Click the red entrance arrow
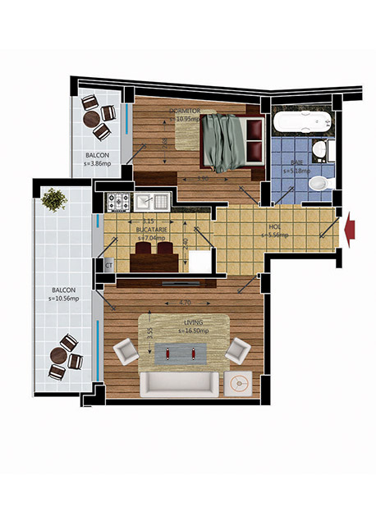(x=353, y=225)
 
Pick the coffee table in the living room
(x=181, y=353)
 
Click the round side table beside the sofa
(x=241, y=384)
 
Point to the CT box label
(x=108, y=266)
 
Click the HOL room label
(x=275, y=228)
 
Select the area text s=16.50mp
(x=190, y=331)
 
